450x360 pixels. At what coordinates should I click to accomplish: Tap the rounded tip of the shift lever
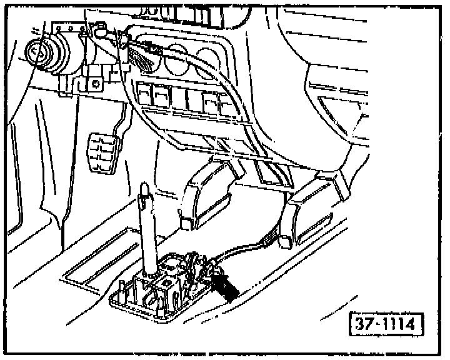coord(143,188)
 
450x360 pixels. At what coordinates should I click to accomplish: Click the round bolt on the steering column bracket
coord(95,82)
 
